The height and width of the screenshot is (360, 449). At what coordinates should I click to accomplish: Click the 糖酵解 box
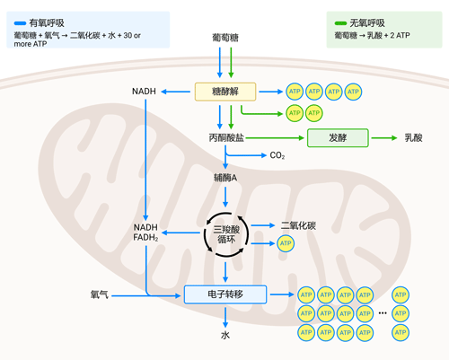[x=225, y=92]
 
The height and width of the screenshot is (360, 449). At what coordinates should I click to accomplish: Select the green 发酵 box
[x=338, y=138]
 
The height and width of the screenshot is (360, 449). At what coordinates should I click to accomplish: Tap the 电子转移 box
[x=225, y=294]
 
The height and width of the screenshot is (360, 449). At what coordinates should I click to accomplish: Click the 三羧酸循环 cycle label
[x=225, y=234]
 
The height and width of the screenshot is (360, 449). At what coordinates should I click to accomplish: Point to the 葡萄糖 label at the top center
[x=225, y=38]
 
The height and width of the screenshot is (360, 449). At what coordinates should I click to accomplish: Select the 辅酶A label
[x=225, y=178]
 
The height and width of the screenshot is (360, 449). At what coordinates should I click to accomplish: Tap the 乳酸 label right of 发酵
[x=413, y=138]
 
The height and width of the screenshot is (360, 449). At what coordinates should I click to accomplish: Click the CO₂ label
[x=277, y=155]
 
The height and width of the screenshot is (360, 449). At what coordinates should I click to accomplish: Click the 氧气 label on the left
[x=99, y=294]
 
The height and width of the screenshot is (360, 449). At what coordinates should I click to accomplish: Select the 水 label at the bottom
[x=225, y=335]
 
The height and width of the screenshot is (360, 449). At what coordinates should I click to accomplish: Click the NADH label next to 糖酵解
[x=144, y=92]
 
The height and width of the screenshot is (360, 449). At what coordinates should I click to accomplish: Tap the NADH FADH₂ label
[x=145, y=232]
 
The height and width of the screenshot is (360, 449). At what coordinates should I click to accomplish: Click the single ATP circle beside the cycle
[x=286, y=243]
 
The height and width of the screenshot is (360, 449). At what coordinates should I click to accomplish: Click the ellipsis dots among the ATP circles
[x=381, y=313]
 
